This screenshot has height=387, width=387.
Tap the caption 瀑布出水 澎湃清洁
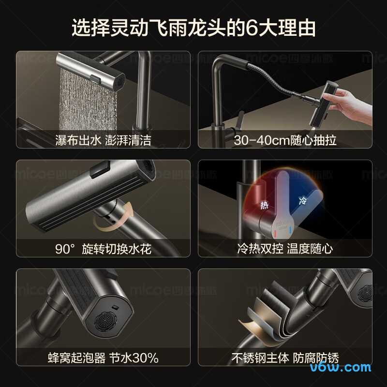(103, 140)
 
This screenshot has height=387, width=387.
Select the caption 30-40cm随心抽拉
(285, 140)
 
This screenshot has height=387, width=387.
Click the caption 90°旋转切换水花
(103, 249)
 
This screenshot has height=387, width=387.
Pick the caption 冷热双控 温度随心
(285, 249)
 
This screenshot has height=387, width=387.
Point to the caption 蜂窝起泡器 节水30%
(103, 358)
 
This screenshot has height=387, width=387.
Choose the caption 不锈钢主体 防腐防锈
(285, 358)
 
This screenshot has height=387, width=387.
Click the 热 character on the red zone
(264, 205)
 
